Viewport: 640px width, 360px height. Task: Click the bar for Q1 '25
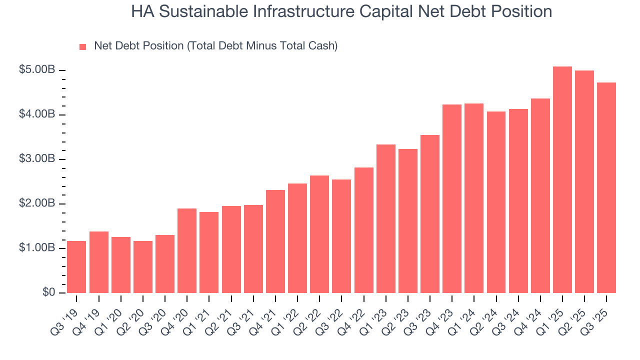tap(562, 180)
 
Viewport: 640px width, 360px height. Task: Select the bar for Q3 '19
tap(76, 267)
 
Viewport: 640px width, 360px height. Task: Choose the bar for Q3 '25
tap(606, 188)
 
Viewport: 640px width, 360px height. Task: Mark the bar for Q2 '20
tap(143, 267)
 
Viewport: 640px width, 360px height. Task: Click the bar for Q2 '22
tap(319, 234)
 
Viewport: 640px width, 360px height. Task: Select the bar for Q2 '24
tap(496, 202)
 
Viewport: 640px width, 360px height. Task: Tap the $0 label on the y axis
tap(48, 292)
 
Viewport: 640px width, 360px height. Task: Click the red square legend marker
tap(83, 46)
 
